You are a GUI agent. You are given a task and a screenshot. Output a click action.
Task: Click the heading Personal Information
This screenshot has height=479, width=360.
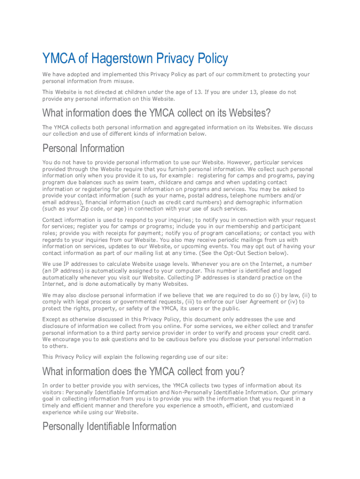point(83,148)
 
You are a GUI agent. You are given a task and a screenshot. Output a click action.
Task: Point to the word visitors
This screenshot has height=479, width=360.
point(53,392)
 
